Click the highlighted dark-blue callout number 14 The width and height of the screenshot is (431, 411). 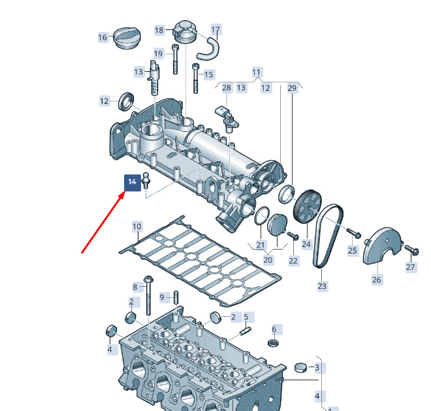tap(133, 182)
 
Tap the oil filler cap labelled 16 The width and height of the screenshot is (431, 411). tap(127, 38)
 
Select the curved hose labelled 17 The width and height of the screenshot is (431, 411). tap(208, 50)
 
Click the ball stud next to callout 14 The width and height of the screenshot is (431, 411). tap(146, 180)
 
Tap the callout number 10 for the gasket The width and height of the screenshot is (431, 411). tap(137, 227)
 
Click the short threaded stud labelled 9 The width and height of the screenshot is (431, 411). tap(176, 297)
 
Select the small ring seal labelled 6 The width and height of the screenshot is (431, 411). tap(274, 343)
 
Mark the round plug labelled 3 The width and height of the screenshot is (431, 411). tap(300, 367)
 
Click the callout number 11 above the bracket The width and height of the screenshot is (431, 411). tap(257, 73)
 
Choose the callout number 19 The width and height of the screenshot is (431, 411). tap(158, 54)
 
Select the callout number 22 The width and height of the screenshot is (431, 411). tap(293, 261)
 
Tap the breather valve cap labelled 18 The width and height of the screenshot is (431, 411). tap(185, 31)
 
